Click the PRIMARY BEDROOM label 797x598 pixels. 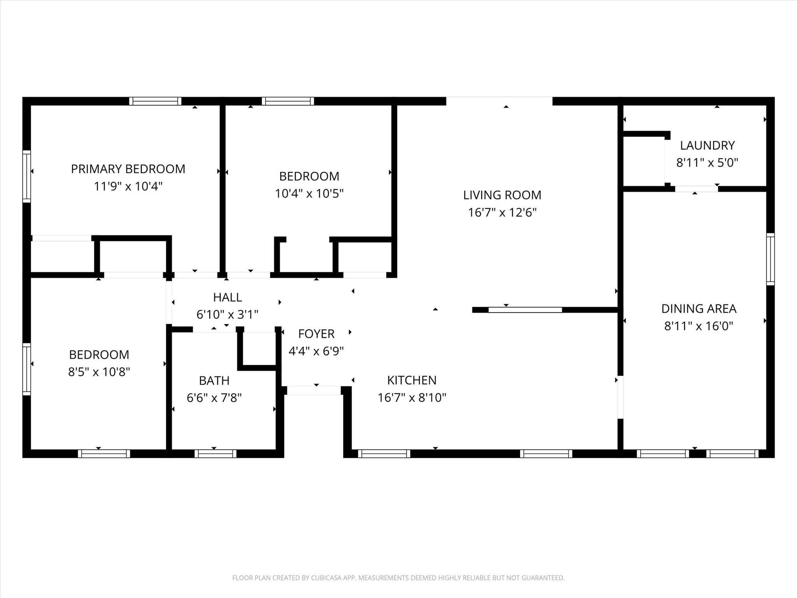coord(128,169)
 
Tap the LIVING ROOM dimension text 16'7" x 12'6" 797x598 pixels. coord(502,213)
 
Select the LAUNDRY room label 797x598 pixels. coord(707,146)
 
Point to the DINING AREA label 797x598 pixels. coord(699,309)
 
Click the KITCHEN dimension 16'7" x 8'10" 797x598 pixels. coord(412,397)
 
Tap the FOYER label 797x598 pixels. coord(316,334)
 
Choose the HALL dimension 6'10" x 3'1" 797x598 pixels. coord(227,314)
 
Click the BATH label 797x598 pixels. coord(214,380)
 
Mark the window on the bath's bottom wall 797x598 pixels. coord(215,454)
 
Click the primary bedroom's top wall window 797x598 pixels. coord(155,101)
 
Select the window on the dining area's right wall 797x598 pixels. coord(771,259)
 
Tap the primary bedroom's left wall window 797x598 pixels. coord(26,176)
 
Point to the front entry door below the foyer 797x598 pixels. coord(314,390)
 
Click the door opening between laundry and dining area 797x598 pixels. coord(696,189)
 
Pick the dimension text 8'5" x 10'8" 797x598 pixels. coord(99,372)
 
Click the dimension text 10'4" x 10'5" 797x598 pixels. coord(309,193)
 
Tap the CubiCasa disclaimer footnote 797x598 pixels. coord(398,578)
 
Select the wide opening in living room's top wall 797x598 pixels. coord(499,101)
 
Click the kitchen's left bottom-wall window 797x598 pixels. coord(384,454)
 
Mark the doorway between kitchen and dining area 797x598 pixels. coord(620,397)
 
